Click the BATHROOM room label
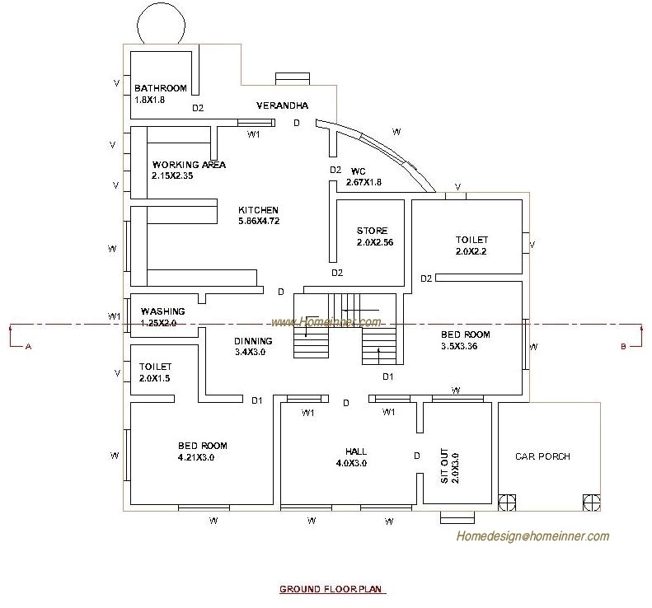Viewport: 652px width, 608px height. pos(161,88)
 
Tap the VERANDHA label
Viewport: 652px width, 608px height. pos(282,105)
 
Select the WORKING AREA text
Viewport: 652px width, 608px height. pos(189,165)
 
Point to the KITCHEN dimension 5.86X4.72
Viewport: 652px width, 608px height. pos(258,221)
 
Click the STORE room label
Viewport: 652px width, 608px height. pos(372,231)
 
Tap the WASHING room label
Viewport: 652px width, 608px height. pos(162,311)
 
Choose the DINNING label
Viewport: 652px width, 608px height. pos(253,341)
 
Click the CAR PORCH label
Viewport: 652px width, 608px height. pos(542,456)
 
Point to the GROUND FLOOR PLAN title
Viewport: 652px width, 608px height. pos(332,589)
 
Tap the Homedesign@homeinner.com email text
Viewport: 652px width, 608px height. pos(533,536)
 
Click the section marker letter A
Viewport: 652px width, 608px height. pos(28,347)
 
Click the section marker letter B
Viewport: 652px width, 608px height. pos(623,347)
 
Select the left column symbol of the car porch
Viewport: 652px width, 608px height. pos(505,502)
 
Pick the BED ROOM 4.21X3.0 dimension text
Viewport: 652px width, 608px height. pos(202,457)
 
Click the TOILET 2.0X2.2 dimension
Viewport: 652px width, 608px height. pos(471,251)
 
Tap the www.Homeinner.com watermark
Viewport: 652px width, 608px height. pos(326,322)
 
